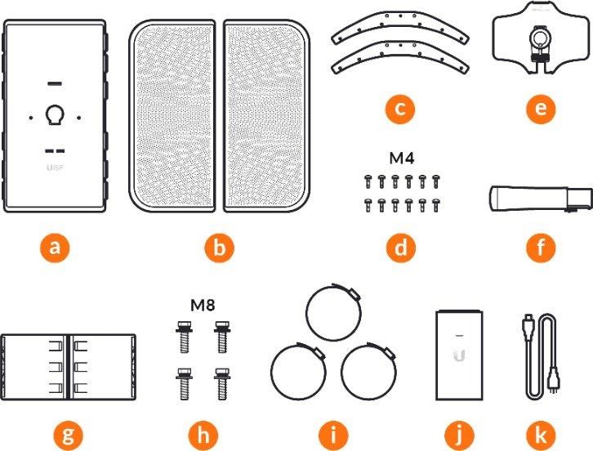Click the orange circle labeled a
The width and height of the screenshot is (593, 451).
pyautogui.click(x=55, y=248)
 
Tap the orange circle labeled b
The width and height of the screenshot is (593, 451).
pyautogui.click(x=220, y=248)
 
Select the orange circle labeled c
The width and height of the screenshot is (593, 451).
pyautogui.click(x=400, y=109)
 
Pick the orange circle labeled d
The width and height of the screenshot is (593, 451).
pyautogui.click(x=401, y=248)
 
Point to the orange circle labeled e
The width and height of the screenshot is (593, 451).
pyautogui.click(x=542, y=109)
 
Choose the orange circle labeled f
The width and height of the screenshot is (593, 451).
pyautogui.click(x=542, y=248)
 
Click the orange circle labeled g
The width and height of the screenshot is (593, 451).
pyautogui.click(x=68, y=435)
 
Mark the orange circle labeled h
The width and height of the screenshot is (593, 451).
pyautogui.click(x=203, y=435)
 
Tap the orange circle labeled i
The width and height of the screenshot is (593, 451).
pyautogui.click(x=333, y=435)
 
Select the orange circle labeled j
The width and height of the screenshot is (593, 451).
pyautogui.click(x=459, y=435)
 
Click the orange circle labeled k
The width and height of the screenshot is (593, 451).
pyautogui.click(x=542, y=435)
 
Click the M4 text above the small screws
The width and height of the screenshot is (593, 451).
pyautogui.click(x=402, y=158)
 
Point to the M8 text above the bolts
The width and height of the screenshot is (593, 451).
pyautogui.click(x=203, y=305)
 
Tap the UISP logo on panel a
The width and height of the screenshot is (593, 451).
pyautogui.click(x=55, y=167)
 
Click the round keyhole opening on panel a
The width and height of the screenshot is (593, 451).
pyautogui.click(x=55, y=114)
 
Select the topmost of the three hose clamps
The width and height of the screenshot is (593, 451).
pyautogui.click(x=333, y=312)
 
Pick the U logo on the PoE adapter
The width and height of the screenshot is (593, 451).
pyautogui.click(x=459, y=355)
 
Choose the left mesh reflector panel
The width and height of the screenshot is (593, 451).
pyautogui.click(x=172, y=116)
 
